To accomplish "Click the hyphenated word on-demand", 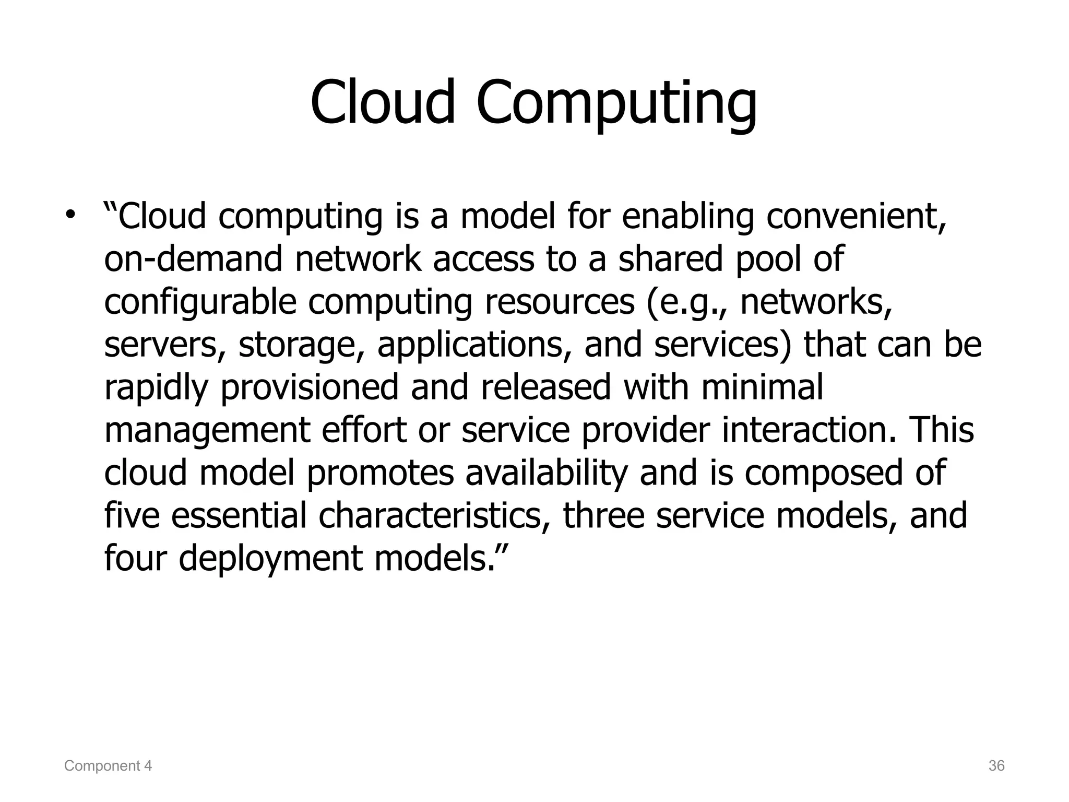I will tap(193, 259).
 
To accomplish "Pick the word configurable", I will tap(200, 303).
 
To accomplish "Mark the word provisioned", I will tap(310, 388).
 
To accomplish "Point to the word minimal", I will tap(762, 387).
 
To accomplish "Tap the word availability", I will tap(546, 473).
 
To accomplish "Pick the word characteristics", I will tap(434, 516).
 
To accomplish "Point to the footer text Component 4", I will tap(108, 766).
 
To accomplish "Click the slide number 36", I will tap(996, 766).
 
